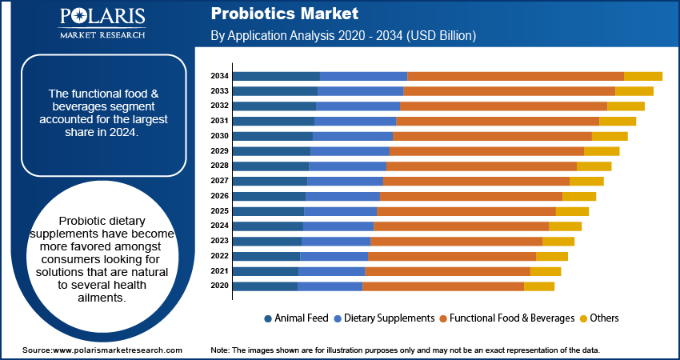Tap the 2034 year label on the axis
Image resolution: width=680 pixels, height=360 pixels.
click(x=220, y=76)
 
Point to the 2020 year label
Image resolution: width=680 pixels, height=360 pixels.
click(x=220, y=286)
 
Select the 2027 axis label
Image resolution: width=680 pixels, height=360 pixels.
click(x=220, y=181)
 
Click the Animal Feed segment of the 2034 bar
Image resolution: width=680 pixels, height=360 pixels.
click(x=276, y=76)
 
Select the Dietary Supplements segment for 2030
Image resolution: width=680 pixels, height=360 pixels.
click(x=353, y=136)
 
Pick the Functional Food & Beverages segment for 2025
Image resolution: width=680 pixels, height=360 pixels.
click(x=466, y=211)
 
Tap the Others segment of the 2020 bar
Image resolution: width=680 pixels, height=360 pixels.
click(x=538, y=286)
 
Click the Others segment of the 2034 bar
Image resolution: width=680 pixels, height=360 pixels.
click(x=642, y=76)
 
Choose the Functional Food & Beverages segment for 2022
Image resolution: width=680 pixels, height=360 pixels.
click(x=451, y=256)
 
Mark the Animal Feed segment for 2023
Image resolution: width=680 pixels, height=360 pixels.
click(x=267, y=241)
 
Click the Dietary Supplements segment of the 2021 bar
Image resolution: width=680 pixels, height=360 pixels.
click(x=332, y=271)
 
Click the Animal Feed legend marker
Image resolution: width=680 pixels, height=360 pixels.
click(x=268, y=318)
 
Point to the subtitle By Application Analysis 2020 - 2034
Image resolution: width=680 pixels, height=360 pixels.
click(x=344, y=36)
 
